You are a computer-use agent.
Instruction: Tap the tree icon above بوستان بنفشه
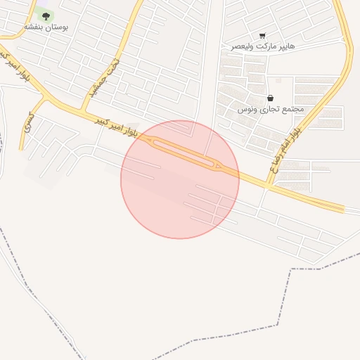click(x=46, y=15)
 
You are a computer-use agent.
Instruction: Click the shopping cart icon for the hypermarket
click(x=262, y=35)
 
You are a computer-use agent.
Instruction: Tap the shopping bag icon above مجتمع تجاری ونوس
click(x=271, y=98)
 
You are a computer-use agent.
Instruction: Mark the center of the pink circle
click(x=180, y=179)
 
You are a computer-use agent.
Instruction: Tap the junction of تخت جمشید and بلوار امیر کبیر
click(x=82, y=112)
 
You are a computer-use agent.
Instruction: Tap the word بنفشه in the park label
click(x=35, y=26)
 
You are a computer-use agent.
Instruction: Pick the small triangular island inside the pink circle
click(x=218, y=166)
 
